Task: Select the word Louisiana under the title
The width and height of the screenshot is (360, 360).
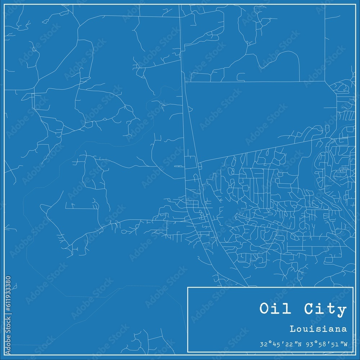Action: [318, 329]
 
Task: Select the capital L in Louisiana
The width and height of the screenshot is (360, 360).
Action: [292, 329]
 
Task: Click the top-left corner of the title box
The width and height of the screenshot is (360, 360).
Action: [188, 287]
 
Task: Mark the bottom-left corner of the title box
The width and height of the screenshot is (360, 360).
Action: [188, 352]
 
